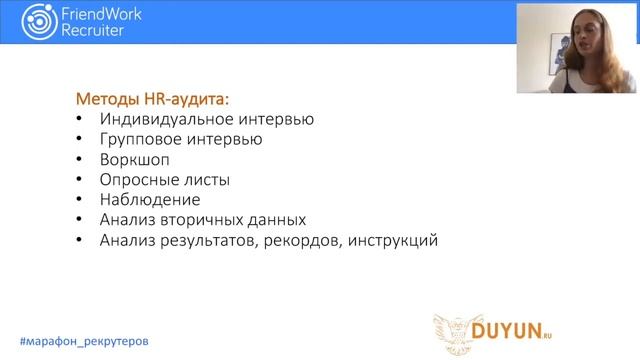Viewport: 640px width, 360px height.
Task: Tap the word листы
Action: [207, 180]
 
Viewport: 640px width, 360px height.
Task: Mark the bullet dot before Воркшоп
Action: [81, 160]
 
